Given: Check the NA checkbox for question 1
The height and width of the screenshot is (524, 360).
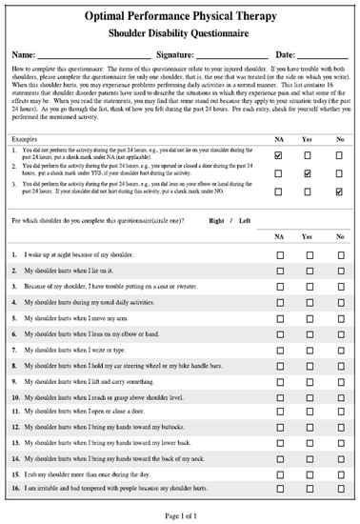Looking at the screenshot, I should tap(279, 256).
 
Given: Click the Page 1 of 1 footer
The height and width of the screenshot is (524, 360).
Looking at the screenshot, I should tap(180, 515).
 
